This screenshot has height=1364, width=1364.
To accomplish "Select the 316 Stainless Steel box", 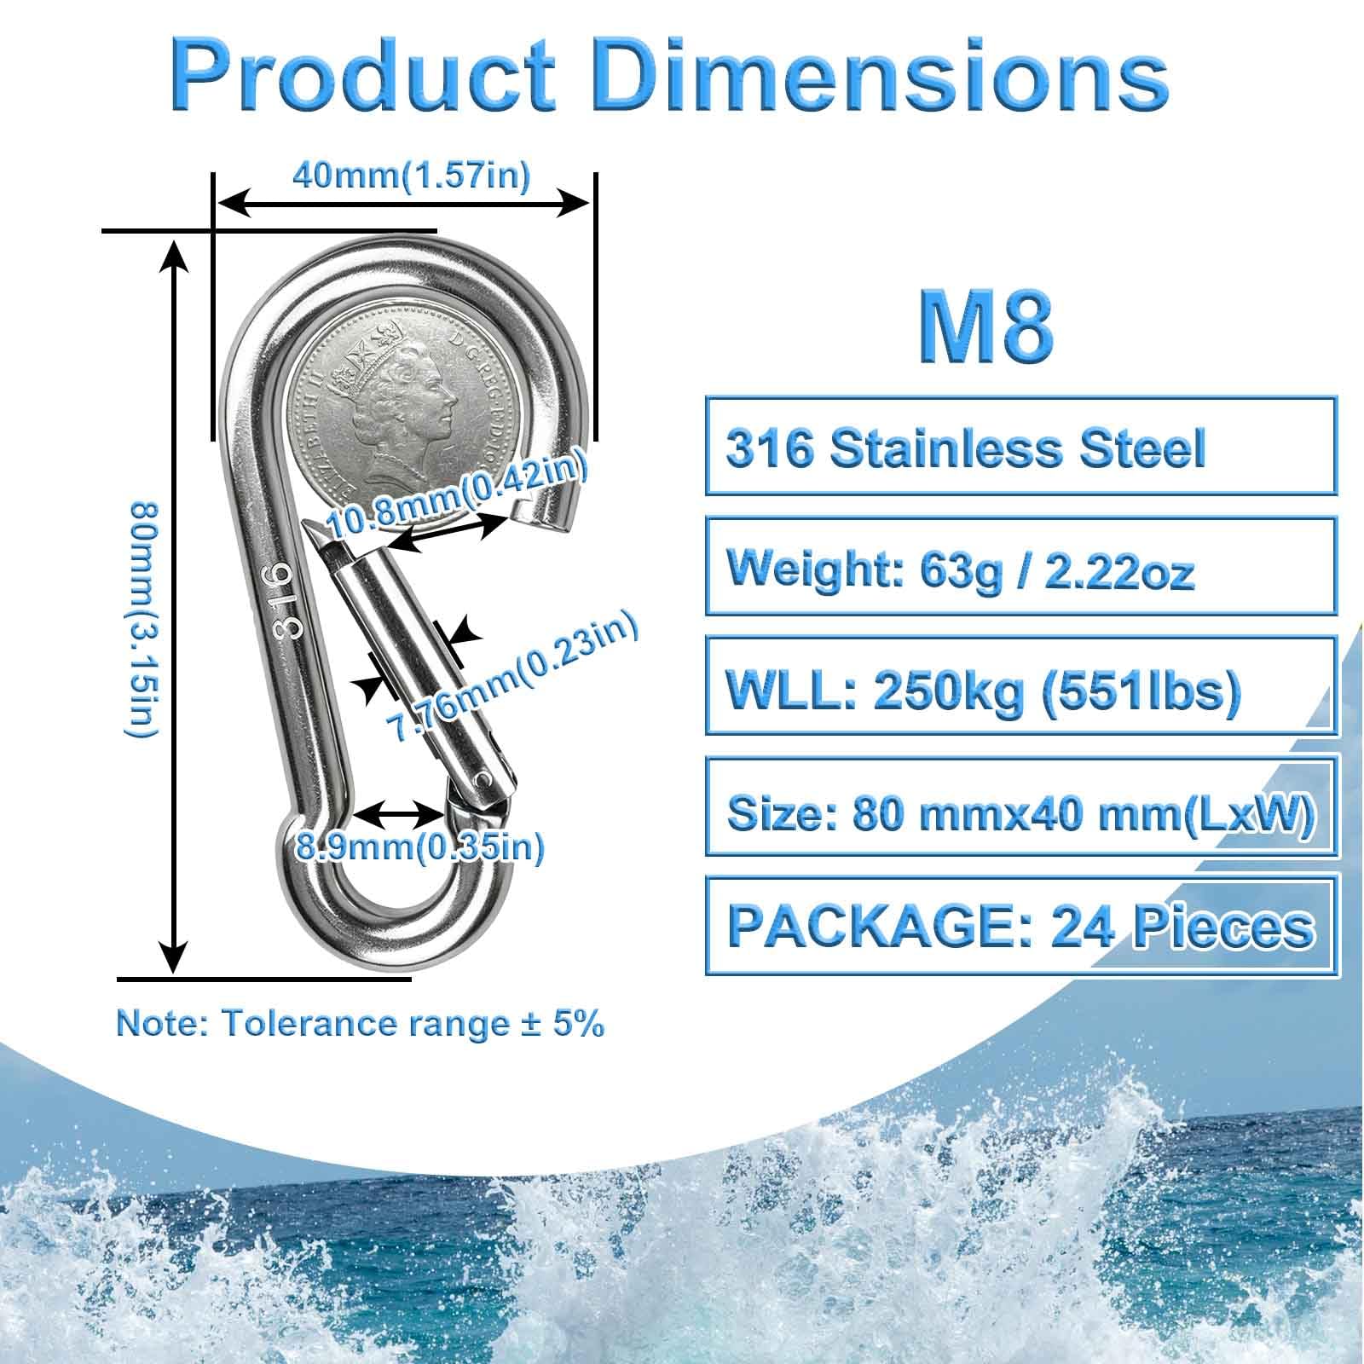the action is pyautogui.click(x=1020, y=445).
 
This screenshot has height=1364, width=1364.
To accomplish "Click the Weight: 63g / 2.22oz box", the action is pyautogui.click(x=1020, y=565).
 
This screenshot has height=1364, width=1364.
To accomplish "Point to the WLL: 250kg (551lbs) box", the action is pyautogui.click(x=1020, y=685).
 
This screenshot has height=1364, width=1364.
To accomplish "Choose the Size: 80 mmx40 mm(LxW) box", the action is pyautogui.click(x=1020, y=805).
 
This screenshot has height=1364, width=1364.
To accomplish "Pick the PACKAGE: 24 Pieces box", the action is pyautogui.click(x=1020, y=925).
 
